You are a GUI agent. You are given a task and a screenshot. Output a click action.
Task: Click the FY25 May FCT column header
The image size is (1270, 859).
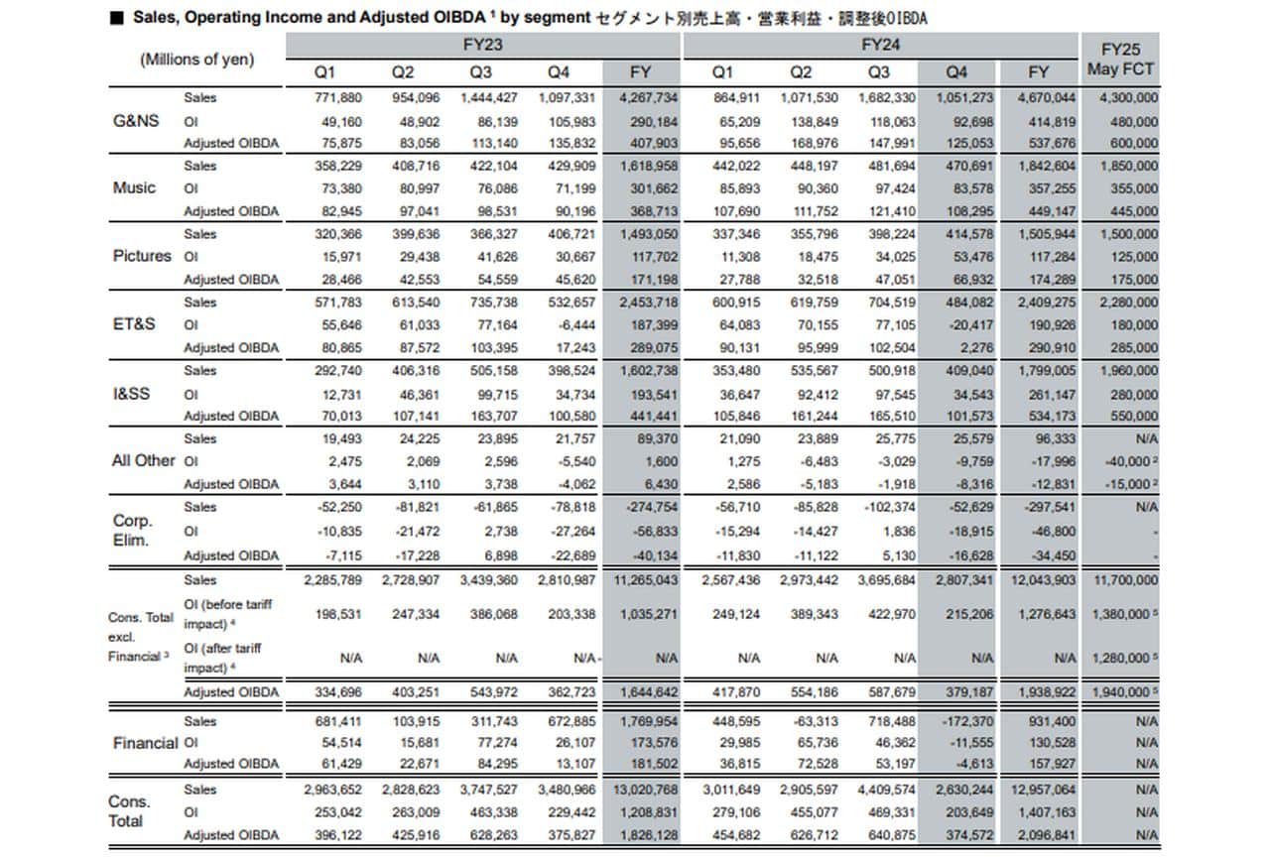pos(1119,60)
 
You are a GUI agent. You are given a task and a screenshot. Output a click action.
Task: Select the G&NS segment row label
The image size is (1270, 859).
pos(135,120)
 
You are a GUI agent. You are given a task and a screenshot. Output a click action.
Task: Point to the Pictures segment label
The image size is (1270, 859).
pos(142,256)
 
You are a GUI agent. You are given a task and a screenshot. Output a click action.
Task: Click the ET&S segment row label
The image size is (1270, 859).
pos(135,324)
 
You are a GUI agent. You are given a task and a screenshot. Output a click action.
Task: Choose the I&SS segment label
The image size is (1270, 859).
pos(132,393)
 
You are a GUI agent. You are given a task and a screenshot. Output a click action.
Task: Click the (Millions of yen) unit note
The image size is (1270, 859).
pos(196,60)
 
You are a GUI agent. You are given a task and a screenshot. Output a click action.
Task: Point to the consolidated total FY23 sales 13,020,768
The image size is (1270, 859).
pos(642,790)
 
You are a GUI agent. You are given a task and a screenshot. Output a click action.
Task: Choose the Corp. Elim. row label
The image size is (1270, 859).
pos(132,531)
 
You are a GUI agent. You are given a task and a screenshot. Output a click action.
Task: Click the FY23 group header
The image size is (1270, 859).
pos(482,45)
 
